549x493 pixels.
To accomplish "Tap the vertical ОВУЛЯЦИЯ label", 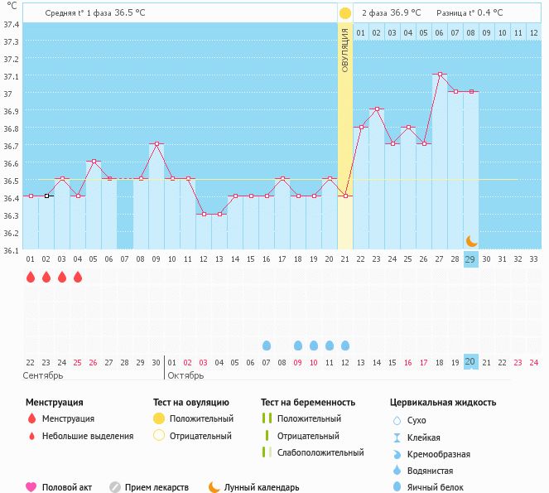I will click(x=345, y=49).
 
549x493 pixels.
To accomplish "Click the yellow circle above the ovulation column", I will click(x=345, y=13).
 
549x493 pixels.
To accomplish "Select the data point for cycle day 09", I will click(x=157, y=144).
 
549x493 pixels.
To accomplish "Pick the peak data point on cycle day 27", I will click(x=440, y=75).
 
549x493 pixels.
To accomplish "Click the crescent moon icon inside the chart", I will click(x=471, y=240).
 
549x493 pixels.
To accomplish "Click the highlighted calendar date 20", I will click(x=470, y=362).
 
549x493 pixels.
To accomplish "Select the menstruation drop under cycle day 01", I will click(x=31, y=277).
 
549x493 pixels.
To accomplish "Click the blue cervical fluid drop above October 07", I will click(x=267, y=345).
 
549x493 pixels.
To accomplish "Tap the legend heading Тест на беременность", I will click(x=308, y=402).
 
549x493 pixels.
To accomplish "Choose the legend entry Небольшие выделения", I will click(x=87, y=436).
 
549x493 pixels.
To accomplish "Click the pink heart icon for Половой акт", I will click(x=31, y=487).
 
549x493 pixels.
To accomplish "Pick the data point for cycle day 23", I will click(x=377, y=109).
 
